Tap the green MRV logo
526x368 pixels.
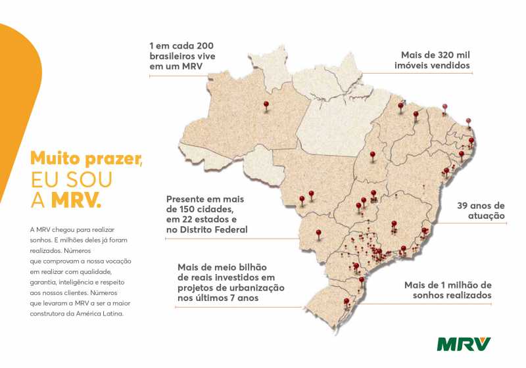click(464, 343)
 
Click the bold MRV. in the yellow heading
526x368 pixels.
click(79, 200)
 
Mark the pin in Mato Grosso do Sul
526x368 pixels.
click(319, 232)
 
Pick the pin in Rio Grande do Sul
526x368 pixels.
click(347, 302)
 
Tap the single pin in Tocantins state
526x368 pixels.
click(373, 156)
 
